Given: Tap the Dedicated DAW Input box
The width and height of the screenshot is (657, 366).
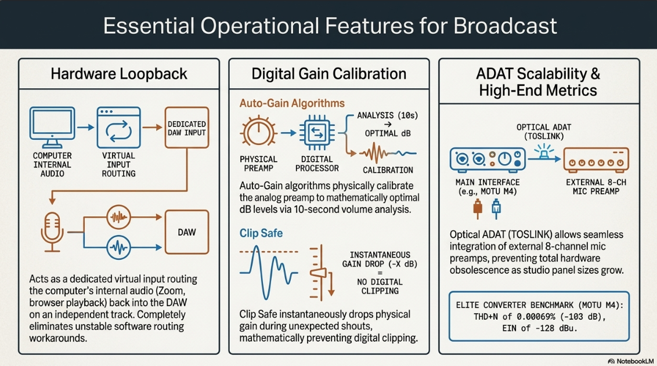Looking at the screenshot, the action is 187,128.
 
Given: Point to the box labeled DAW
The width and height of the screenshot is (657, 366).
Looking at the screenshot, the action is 187,232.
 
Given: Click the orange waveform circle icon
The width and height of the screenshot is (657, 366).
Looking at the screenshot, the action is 118,217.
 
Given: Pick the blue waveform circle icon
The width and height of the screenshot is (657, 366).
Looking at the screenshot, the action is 118,248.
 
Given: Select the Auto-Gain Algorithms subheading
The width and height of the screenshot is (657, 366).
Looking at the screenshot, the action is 292,103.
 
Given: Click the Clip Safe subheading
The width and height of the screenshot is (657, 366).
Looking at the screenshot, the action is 261,233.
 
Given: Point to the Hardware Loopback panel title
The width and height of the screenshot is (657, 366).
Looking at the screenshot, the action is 119,74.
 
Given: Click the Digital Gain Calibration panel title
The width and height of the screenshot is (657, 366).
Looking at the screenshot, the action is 329,74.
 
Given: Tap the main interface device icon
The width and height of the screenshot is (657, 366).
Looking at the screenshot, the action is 488,160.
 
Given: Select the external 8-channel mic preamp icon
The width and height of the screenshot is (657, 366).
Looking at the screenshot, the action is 596,160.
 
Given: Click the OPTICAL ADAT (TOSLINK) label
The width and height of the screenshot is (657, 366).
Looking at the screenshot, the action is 544,132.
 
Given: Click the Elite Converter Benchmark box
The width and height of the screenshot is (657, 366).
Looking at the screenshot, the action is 539,317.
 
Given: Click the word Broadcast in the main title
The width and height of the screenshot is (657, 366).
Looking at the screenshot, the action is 505,26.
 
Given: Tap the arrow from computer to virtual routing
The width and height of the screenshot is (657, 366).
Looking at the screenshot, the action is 86,127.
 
